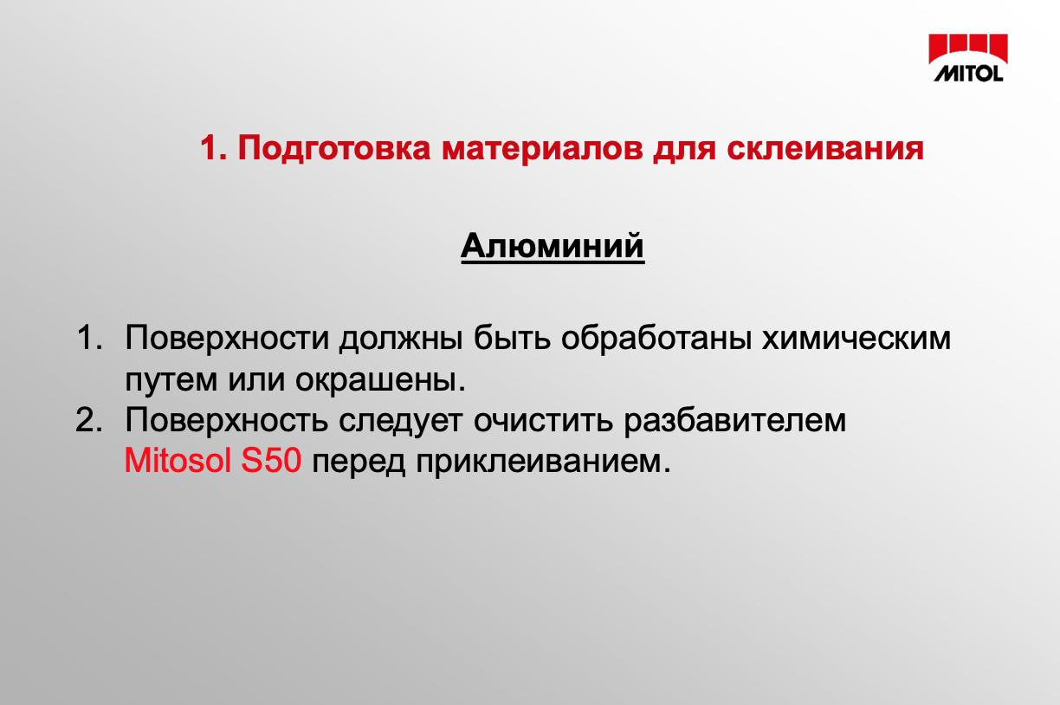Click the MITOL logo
968,58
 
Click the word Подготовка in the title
334,148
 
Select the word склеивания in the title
825,149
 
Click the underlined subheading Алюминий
553,246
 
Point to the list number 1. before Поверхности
89,338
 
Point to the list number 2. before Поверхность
89,420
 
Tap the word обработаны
656,338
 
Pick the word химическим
856,339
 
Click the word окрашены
380,380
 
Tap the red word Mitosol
178,461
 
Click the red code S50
271,461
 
